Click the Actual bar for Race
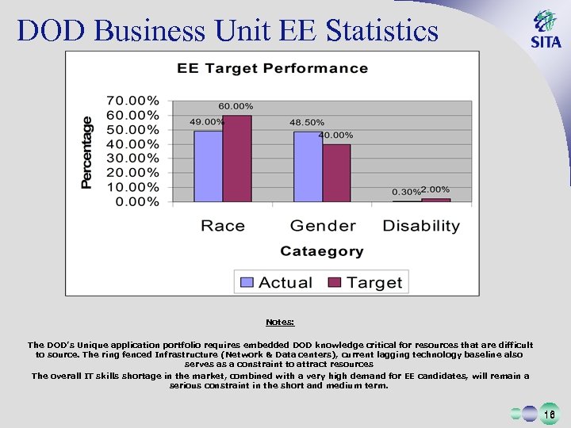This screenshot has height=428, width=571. coord(209,166)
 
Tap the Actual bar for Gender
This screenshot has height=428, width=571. coord(308,166)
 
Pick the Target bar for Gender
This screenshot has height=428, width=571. coord(336,173)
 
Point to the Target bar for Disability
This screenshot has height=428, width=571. coord(435,200)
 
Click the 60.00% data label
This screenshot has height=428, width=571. coord(236,106)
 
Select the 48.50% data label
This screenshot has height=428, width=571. coord(305,122)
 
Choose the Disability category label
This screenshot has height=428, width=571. coord(421,226)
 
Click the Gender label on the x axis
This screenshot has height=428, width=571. coord(322,226)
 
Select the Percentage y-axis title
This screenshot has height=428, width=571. coord(86,152)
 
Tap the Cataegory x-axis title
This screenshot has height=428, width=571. coord(321,251)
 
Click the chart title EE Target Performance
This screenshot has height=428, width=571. coord(272,68)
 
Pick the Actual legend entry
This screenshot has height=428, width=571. coord(277,282)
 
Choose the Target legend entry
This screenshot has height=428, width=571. coord(366,282)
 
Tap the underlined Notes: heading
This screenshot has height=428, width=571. coord(280,322)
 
